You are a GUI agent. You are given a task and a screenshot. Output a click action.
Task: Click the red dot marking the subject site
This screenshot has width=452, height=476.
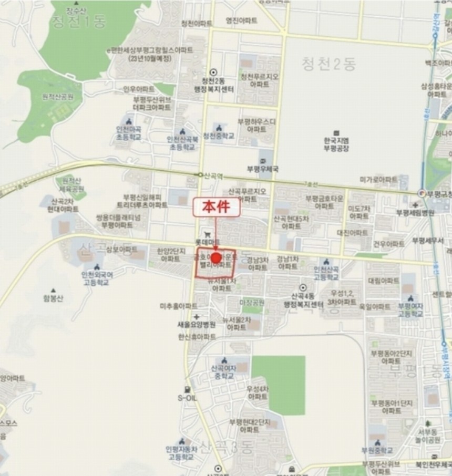[x=215, y=258]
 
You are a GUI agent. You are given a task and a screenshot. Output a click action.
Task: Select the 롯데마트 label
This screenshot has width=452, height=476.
[x=211, y=242]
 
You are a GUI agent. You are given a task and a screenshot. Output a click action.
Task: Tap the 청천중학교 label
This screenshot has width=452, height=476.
[x=218, y=136]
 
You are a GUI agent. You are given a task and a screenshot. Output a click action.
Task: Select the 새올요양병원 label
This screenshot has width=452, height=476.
[x=197, y=325]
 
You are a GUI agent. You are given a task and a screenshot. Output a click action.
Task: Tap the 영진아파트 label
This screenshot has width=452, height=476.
[x=241, y=20]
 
